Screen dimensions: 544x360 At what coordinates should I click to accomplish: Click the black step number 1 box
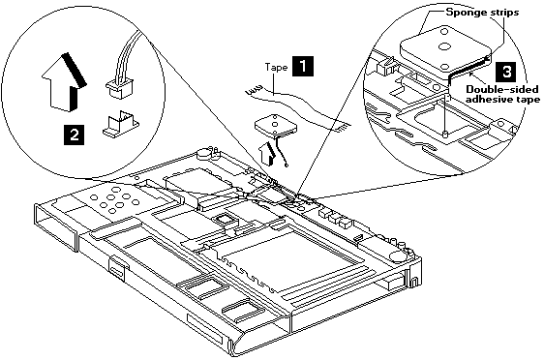pos(303,66)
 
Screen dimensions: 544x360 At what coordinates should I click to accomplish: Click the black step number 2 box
pos(74,135)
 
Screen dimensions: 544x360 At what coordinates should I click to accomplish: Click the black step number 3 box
pos(507,72)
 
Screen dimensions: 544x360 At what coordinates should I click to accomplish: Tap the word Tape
pos(276,67)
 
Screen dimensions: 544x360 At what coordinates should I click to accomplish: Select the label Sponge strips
pos(482,13)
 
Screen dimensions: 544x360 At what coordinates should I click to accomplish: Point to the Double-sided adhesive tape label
pos(502,94)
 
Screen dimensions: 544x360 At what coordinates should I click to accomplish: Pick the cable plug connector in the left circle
pos(119,88)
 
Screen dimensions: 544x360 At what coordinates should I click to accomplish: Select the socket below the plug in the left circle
pos(121,123)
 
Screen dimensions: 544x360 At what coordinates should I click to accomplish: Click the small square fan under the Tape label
pos(276,126)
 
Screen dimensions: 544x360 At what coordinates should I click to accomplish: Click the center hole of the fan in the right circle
pos(442,45)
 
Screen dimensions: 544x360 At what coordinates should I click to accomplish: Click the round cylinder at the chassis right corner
pos(398,255)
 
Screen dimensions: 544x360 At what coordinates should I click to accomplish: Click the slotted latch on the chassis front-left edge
pos(117,268)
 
